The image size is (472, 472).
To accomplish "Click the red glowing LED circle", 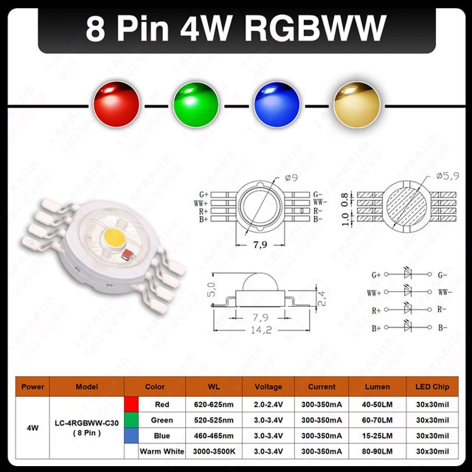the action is point(117,104).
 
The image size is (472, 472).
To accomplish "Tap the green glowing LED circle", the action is point(196,104).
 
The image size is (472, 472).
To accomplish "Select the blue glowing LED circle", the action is point(277,104).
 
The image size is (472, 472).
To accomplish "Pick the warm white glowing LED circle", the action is point(357,104).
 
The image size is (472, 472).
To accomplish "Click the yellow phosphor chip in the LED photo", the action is point(115,238).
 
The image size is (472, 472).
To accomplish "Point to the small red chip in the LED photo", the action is point(127,254).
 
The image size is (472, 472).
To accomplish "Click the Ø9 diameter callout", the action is point(291,178).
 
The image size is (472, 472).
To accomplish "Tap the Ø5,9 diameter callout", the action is point(448,176).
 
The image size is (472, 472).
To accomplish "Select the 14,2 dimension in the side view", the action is point(261,330).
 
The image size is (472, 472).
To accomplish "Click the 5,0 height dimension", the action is point(212,289).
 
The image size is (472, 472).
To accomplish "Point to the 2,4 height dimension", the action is point(322,299).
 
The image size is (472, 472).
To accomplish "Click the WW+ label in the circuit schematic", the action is point(374,293).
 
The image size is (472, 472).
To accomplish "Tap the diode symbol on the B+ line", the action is point(407,327).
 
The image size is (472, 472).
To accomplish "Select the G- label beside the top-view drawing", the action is point(317,195).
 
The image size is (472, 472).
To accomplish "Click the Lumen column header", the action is point(378,386).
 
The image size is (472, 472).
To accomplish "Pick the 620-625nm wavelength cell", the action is point(214,404).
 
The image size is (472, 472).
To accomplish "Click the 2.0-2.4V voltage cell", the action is point(268,404).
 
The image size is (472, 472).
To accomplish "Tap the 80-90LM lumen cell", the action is point(377,451).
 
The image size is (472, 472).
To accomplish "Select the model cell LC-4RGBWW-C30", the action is point(87,423).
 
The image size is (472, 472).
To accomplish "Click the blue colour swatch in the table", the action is point(131,436).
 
